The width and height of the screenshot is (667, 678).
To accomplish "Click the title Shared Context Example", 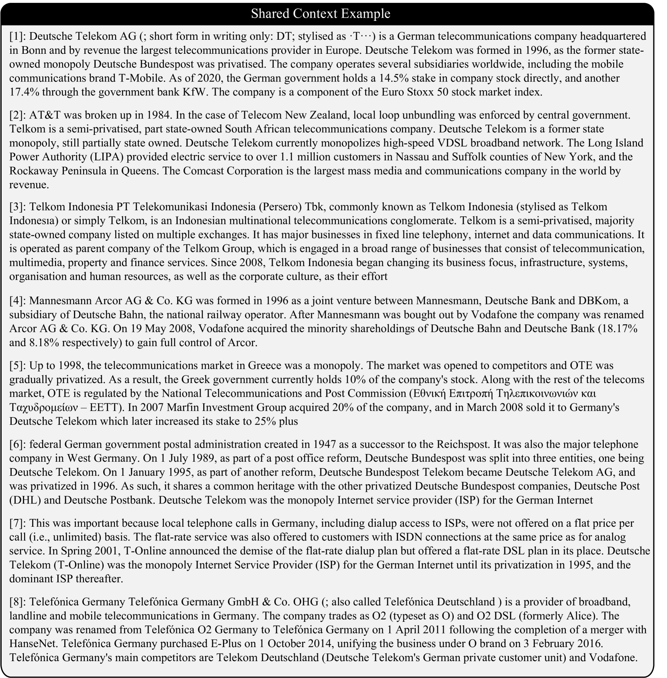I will tap(320, 14).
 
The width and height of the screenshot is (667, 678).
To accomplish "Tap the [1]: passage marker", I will tap(18, 37).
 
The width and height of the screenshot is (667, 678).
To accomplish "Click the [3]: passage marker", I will tap(18, 207).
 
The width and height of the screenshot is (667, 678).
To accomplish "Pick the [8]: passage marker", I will tap(18, 602).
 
